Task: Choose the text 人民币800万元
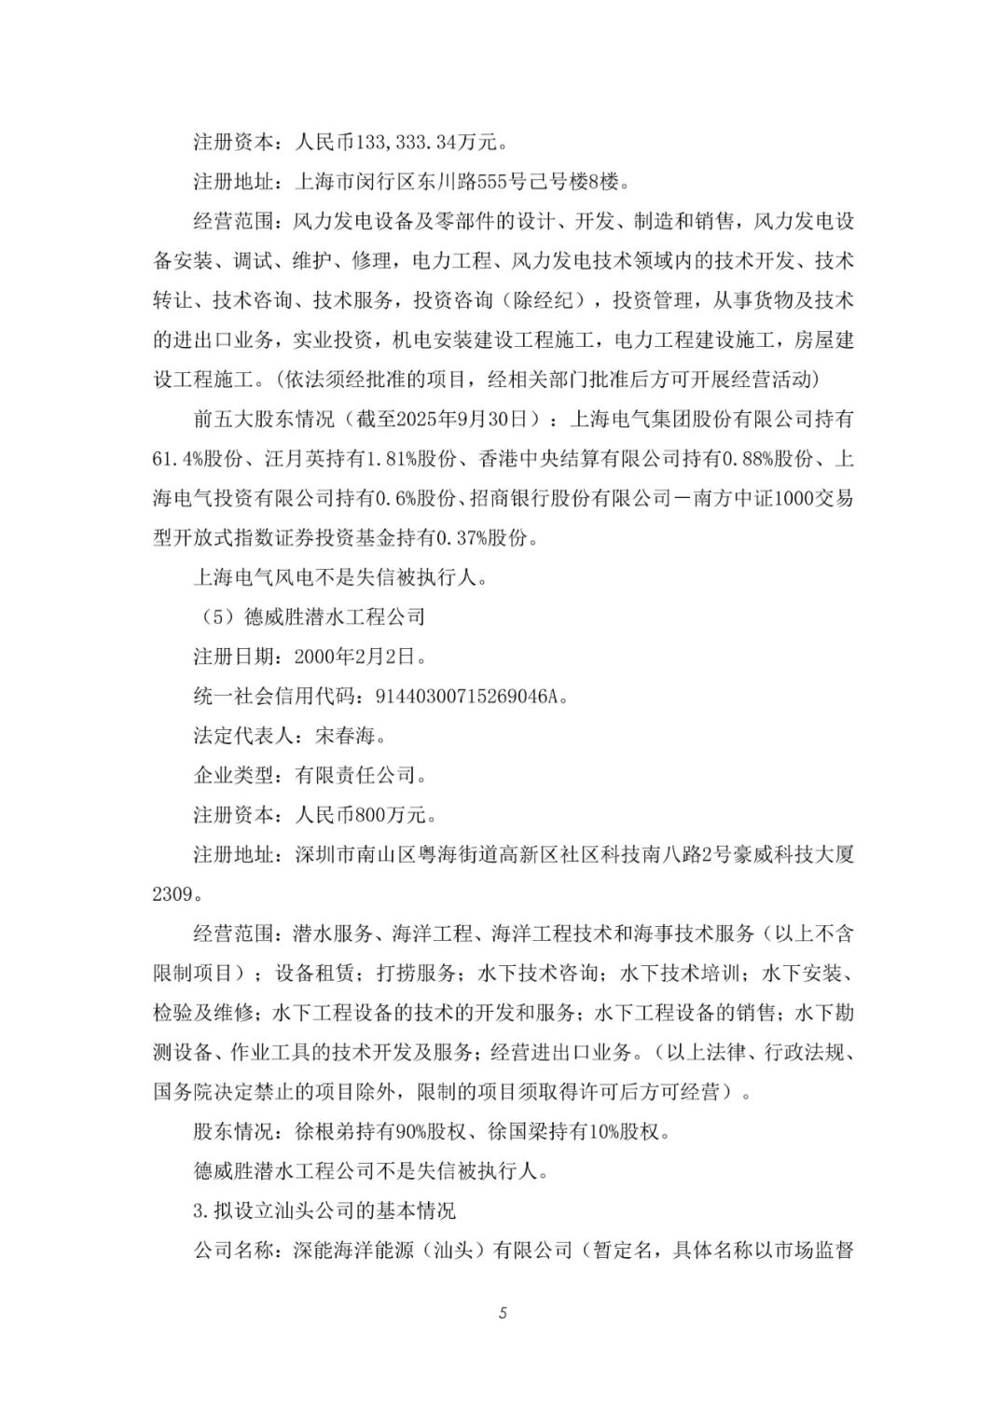click(358, 814)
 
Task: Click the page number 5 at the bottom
click(503, 1313)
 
